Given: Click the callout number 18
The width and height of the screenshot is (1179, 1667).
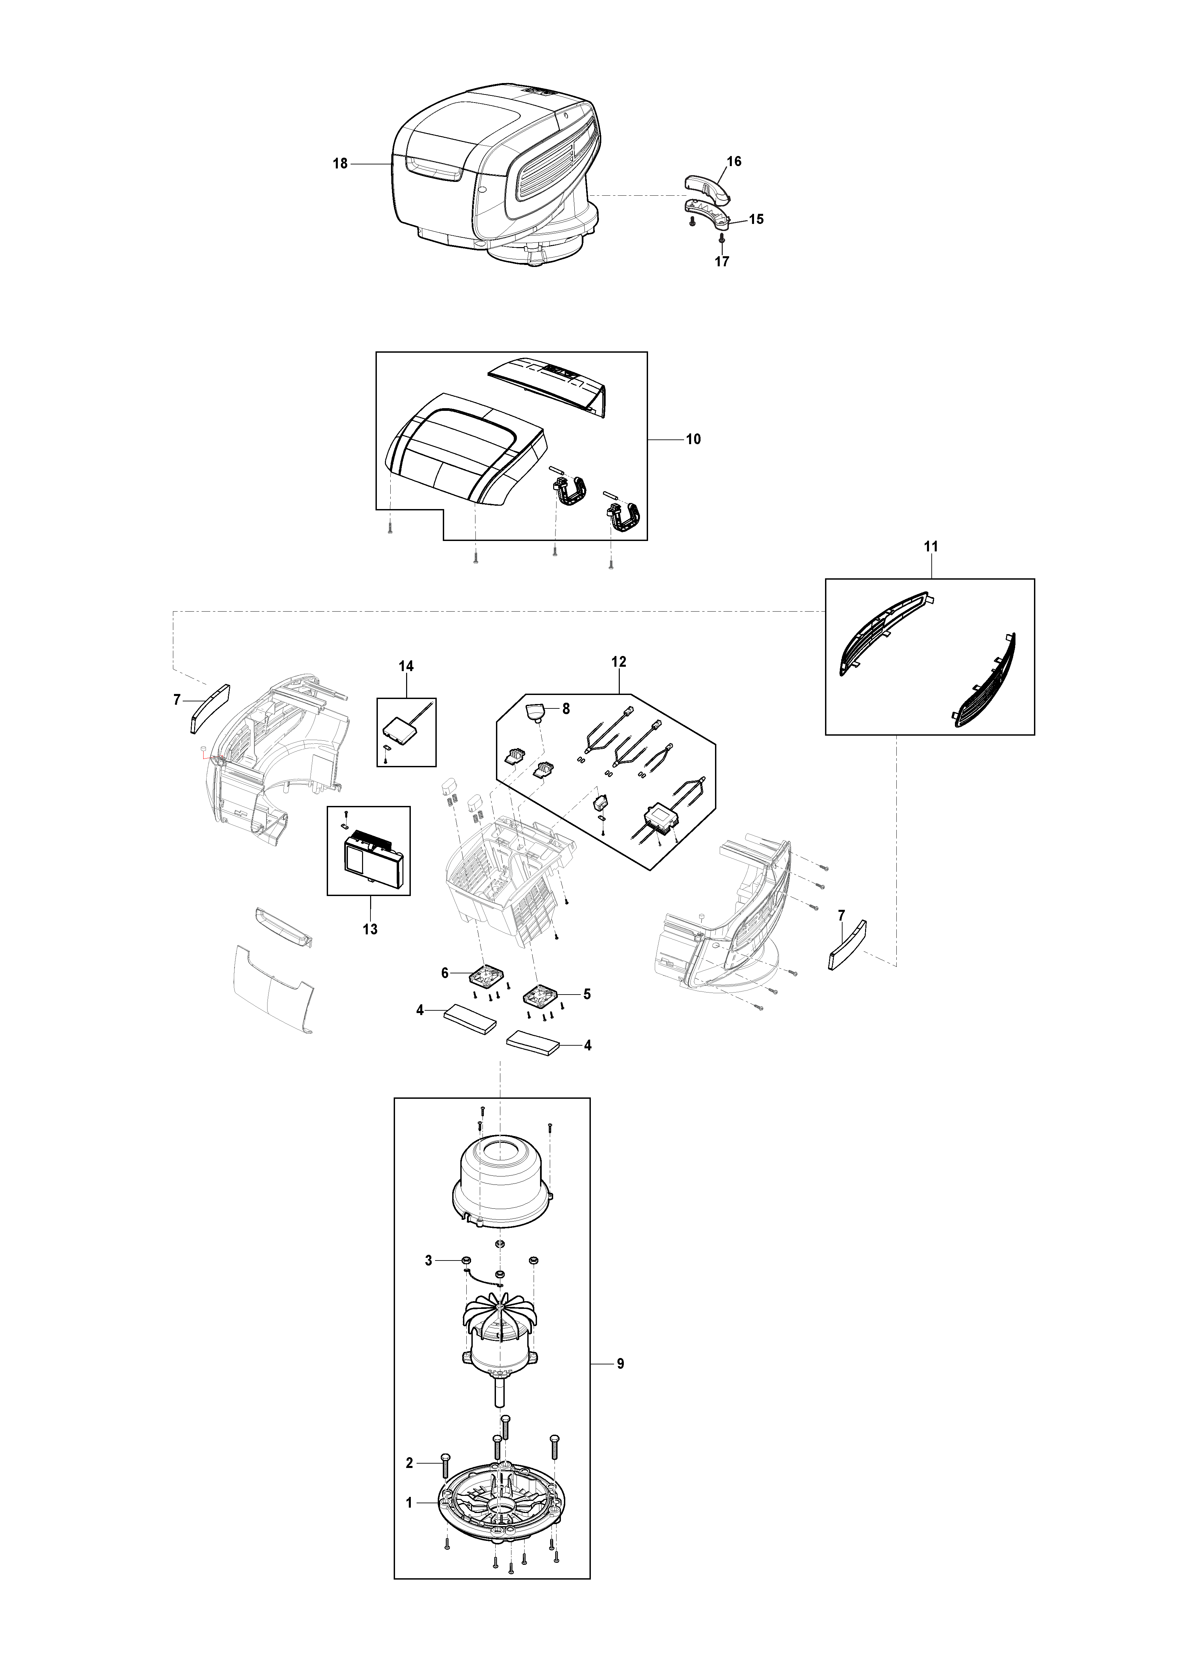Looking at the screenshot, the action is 340,164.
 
